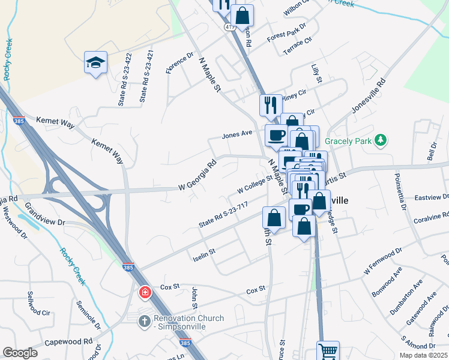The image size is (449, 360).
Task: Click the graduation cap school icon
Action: (95, 62)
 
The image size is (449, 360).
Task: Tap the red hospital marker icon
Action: (145, 293)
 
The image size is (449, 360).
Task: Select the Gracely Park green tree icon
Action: (379, 140)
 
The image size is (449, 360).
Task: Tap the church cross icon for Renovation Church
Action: (145, 321)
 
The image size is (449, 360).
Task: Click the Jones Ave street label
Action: (237, 134)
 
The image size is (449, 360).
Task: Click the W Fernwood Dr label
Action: (382, 263)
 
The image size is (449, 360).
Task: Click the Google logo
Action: (20, 353)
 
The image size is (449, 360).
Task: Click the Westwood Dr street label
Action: (16, 224)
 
